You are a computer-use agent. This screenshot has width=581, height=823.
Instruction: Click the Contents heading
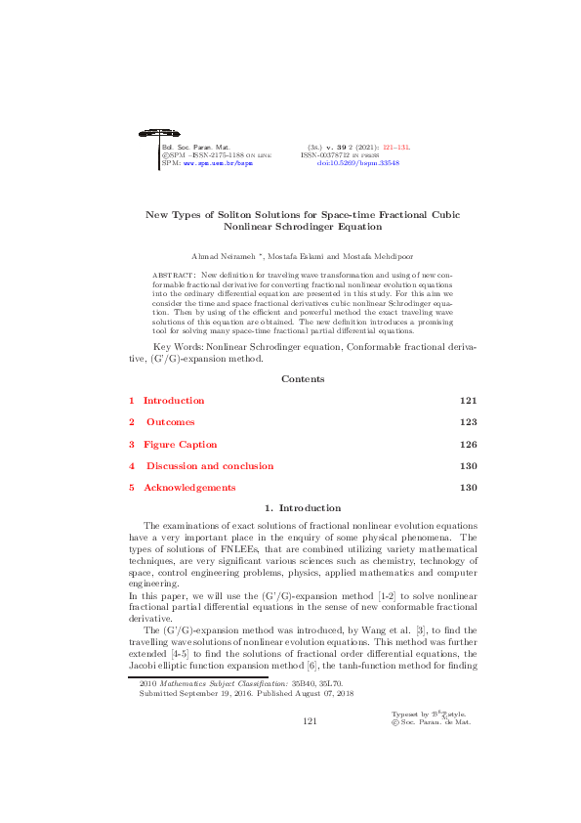[303, 379]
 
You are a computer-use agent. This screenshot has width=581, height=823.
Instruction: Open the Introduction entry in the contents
[174, 401]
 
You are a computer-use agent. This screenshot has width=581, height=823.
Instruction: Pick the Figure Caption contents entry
[180, 444]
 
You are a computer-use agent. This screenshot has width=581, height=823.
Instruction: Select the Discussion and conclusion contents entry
[208, 466]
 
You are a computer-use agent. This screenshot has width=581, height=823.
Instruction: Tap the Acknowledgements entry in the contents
[189, 488]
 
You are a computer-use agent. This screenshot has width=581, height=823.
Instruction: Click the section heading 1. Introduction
[303, 508]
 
